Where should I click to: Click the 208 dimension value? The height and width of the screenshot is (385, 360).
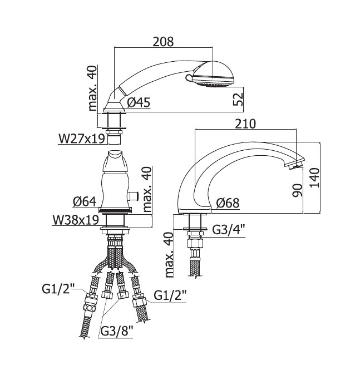click(163, 42)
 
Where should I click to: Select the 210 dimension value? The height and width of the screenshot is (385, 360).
click(245, 124)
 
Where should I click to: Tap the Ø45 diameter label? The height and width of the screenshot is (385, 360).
click(139, 102)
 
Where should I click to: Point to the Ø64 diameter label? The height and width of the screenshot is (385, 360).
click(85, 202)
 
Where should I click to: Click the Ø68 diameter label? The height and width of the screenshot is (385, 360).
click(228, 203)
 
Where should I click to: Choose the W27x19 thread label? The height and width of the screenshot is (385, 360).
click(82, 139)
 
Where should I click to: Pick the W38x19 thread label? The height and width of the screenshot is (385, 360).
click(76, 220)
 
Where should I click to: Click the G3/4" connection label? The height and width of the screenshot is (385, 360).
click(229, 230)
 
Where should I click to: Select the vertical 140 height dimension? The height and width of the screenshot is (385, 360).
click(314, 178)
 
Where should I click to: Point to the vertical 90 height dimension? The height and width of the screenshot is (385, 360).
click(297, 190)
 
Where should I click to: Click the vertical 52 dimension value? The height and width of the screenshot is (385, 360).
click(238, 99)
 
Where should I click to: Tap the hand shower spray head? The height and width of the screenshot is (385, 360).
click(212, 75)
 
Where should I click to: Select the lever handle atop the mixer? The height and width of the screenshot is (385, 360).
click(115, 161)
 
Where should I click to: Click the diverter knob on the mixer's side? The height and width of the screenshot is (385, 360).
click(133, 196)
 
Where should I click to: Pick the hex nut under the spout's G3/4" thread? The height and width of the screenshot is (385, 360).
click(195, 244)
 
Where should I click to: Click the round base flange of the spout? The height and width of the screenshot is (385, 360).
click(195, 210)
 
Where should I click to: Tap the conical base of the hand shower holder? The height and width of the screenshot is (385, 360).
click(114, 107)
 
